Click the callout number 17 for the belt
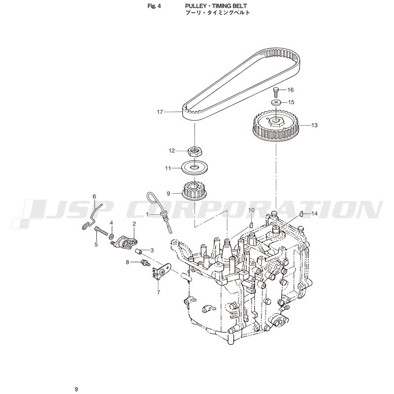(x=160, y=112)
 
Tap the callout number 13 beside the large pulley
(x=314, y=125)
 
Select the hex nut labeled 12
(x=196, y=152)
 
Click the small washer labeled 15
(x=276, y=102)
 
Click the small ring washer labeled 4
(x=111, y=236)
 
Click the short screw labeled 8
(x=146, y=263)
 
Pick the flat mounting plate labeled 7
(x=161, y=271)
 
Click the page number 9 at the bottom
(x=76, y=390)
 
